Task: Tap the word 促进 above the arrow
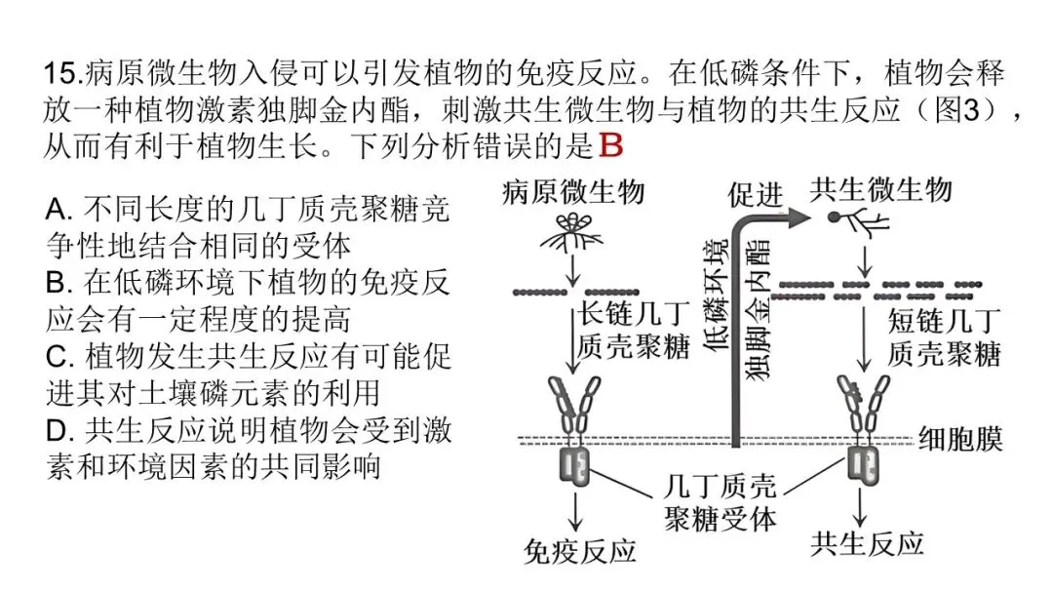pyautogui.click(x=756, y=195)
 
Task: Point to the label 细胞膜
pyautogui.click(x=960, y=440)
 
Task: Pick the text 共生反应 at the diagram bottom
pyautogui.click(x=868, y=543)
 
